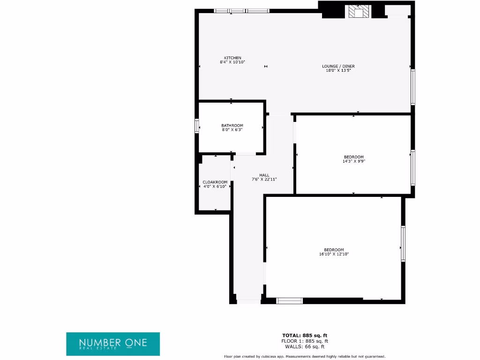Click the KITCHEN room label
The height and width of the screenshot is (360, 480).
click(232, 58)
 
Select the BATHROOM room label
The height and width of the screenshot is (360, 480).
click(232, 125)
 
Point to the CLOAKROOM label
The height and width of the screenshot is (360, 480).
click(215, 182)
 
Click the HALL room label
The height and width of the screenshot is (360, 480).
click(264, 175)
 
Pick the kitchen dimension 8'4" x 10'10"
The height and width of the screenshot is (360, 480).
click(232, 62)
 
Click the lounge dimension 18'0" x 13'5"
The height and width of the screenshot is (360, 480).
click(338, 70)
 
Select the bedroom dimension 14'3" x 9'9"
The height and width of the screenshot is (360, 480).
click(353, 161)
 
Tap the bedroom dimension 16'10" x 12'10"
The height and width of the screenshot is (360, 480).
click(334, 254)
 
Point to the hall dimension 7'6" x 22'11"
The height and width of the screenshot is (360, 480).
click(264, 179)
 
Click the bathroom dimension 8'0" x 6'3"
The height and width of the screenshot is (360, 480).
click(232, 129)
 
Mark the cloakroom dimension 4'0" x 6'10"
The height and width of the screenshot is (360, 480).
click(215, 186)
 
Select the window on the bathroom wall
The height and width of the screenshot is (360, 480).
click(197, 126)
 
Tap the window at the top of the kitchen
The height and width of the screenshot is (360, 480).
click(241, 11)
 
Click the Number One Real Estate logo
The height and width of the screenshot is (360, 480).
click(113, 344)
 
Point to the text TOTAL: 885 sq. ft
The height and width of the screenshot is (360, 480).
click(304, 335)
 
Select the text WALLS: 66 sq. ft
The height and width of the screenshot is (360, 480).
click(304, 346)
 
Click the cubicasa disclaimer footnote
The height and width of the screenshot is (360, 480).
click(305, 357)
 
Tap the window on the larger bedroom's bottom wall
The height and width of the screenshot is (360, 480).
click(290, 301)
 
